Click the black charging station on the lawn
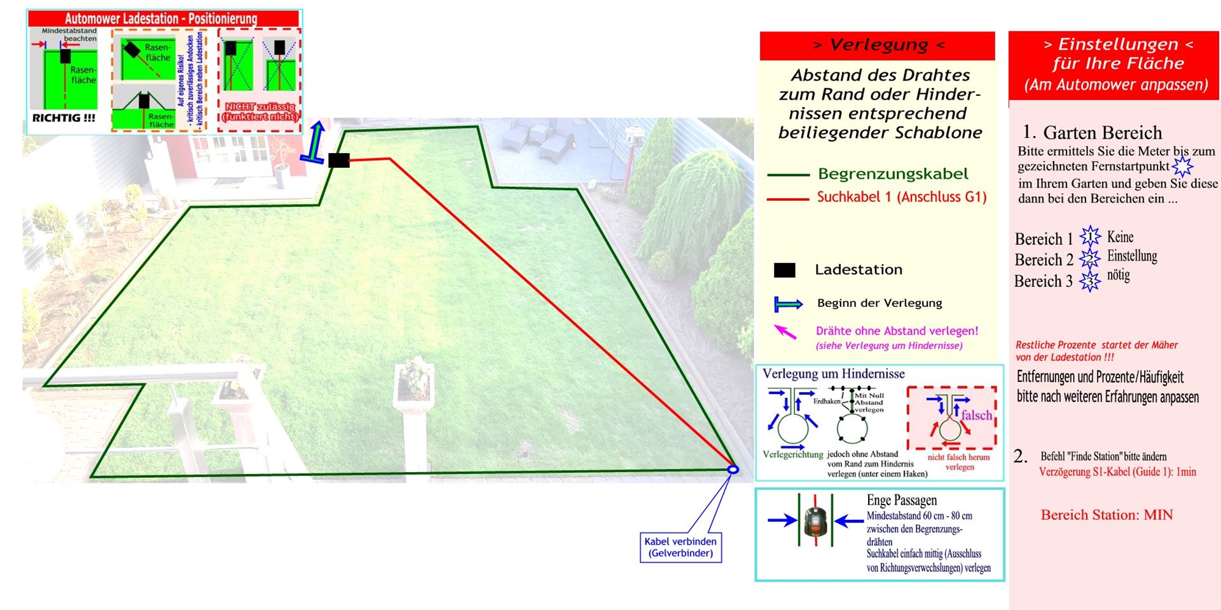point(339,160)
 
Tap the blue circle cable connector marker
point(733,470)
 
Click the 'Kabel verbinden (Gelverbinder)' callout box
point(680,547)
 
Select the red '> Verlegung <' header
point(878,45)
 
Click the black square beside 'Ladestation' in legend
point(785,270)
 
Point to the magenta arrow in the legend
point(785,332)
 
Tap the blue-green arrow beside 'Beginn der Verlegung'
point(788,304)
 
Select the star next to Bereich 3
point(1090,281)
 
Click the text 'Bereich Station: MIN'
point(1107,515)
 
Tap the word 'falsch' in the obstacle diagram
point(976,416)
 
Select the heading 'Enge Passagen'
point(901,501)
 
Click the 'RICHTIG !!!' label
point(64,118)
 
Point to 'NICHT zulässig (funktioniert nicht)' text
point(259,112)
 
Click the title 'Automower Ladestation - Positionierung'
point(161,18)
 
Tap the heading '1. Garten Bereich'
point(1092,132)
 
